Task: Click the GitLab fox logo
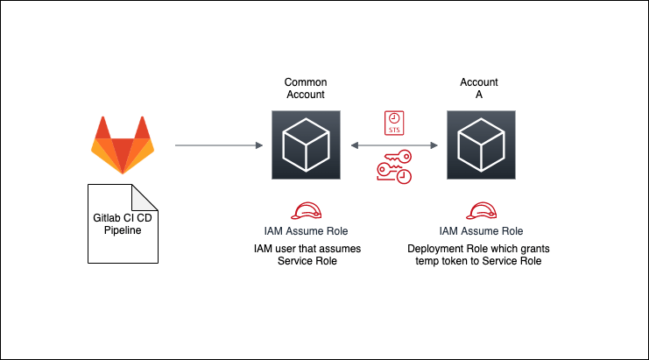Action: [x=123, y=145]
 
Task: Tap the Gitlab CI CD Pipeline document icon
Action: [x=123, y=223]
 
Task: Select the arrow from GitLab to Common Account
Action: [x=219, y=145]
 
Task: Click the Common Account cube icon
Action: [x=306, y=145]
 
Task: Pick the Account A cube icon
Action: [x=481, y=145]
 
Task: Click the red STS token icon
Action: [x=394, y=123]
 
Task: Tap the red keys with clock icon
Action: [x=394, y=167]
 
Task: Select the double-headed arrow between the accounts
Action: [x=394, y=145]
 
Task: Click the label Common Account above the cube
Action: [x=306, y=88]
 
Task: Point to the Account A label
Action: [x=479, y=88]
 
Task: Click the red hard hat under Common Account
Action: [x=307, y=210]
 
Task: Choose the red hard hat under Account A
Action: [x=482, y=210]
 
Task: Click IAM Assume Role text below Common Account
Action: [x=306, y=231]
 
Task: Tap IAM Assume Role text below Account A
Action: [x=481, y=231]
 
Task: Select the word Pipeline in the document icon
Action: [x=123, y=230]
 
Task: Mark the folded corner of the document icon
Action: [x=145, y=197]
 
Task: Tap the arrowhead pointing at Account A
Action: [x=434, y=145]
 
